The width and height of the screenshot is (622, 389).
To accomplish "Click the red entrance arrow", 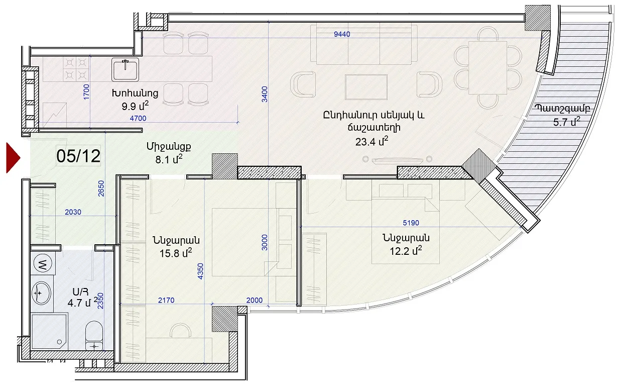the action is click(13, 158).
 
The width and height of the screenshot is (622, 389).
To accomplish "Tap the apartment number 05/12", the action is click(78, 156).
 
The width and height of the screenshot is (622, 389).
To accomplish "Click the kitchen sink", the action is click(125, 69).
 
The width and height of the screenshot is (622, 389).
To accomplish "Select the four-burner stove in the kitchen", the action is click(76, 69).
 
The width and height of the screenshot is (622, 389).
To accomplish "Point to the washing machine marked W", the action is click(43, 263).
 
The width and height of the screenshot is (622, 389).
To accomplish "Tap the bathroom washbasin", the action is click(42, 293).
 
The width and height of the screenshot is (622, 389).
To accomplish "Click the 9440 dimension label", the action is click(342, 34).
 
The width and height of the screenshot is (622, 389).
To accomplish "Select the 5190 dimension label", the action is click(411, 223).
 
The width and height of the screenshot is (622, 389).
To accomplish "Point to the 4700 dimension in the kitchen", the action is click(138, 118).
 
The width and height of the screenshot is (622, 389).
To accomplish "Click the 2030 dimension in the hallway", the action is click(73, 212).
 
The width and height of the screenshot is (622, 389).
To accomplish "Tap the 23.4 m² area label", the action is click(372, 141).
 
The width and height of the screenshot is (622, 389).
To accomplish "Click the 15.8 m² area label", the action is click(176, 253).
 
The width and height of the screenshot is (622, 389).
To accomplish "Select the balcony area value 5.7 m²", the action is click(567, 122).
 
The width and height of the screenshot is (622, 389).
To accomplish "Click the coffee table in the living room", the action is click(366, 87).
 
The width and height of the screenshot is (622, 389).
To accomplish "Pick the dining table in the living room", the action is click(488, 67).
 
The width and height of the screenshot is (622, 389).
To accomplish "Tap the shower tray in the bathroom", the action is click(49, 332).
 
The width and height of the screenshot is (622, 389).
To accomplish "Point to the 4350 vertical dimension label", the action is click(200, 271).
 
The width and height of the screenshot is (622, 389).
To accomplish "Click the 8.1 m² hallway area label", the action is click(169, 159).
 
